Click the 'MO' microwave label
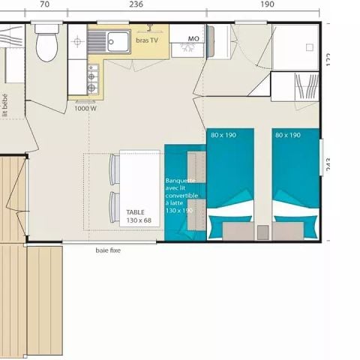point(193,37)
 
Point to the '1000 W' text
point(85,108)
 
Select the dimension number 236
point(136,4)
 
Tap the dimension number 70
point(44,4)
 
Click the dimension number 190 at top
point(268,4)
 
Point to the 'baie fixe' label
point(107,250)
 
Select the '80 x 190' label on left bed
point(223,135)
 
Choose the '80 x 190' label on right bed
point(288,135)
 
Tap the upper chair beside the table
point(115,169)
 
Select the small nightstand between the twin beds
point(262,232)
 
